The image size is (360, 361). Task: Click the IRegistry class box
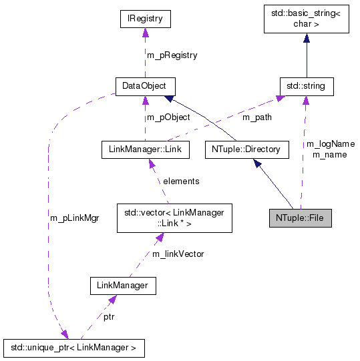tap(145, 19)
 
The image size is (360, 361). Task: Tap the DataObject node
tap(145, 86)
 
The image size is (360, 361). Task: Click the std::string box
tap(306, 86)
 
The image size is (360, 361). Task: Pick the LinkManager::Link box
tap(145, 149)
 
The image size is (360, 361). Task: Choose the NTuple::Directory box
tap(246, 149)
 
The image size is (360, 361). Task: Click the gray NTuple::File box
tap(300, 218)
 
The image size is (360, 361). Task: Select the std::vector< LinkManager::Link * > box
tap(174, 218)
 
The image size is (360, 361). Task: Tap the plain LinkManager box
tap(123, 286)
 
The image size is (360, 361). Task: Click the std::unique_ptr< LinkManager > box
tap(73, 347)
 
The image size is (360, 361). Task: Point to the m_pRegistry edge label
tap(172, 55)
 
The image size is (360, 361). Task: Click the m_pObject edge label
tap(168, 118)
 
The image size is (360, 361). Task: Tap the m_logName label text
tap(330, 143)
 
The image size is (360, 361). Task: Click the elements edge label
tap(181, 181)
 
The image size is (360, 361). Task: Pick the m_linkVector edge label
tap(178, 254)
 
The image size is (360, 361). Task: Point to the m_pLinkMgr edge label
tap(74, 218)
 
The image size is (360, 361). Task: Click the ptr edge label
tap(109, 317)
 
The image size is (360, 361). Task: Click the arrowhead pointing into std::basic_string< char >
tap(307, 39)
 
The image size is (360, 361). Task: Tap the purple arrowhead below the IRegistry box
tap(145, 33)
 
